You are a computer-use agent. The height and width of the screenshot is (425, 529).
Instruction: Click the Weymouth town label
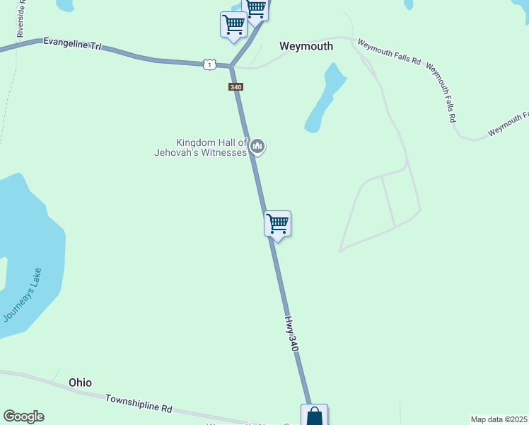pyautogui.click(x=306, y=46)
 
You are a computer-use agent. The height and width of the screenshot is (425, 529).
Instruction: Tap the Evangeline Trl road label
pyautogui.click(x=72, y=44)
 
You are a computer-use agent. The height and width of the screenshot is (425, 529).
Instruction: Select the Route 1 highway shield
pyautogui.click(x=209, y=64)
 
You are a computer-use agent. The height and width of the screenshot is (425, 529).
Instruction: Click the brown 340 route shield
pyautogui.click(x=236, y=87)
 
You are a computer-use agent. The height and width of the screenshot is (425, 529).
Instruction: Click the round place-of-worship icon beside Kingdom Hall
pyautogui.click(x=257, y=147)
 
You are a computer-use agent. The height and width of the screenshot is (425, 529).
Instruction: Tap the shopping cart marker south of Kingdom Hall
pyautogui.click(x=278, y=224)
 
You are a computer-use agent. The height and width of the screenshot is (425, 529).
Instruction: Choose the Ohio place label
pyautogui.click(x=80, y=382)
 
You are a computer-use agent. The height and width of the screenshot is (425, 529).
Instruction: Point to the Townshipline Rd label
pyautogui.click(x=139, y=404)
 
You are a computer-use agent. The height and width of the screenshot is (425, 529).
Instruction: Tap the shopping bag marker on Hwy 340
pyautogui.click(x=314, y=416)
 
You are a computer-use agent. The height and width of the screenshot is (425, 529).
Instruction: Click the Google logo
pyautogui.click(x=23, y=416)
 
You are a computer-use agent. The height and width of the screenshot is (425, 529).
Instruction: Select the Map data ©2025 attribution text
pyautogui.click(x=499, y=419)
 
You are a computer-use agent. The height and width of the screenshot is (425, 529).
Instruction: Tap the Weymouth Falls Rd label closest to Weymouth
pyautogui.click(x=389, y=53)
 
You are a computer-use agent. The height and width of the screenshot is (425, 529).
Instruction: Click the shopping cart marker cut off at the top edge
pyautogui.click(x=255, y=8)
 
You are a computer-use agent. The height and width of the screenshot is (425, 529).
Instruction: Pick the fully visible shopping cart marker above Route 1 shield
pyautogui.click(x=233, y=24)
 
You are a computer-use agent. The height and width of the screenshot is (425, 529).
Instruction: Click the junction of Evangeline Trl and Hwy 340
pyautogui.click(x=231, y=67)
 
